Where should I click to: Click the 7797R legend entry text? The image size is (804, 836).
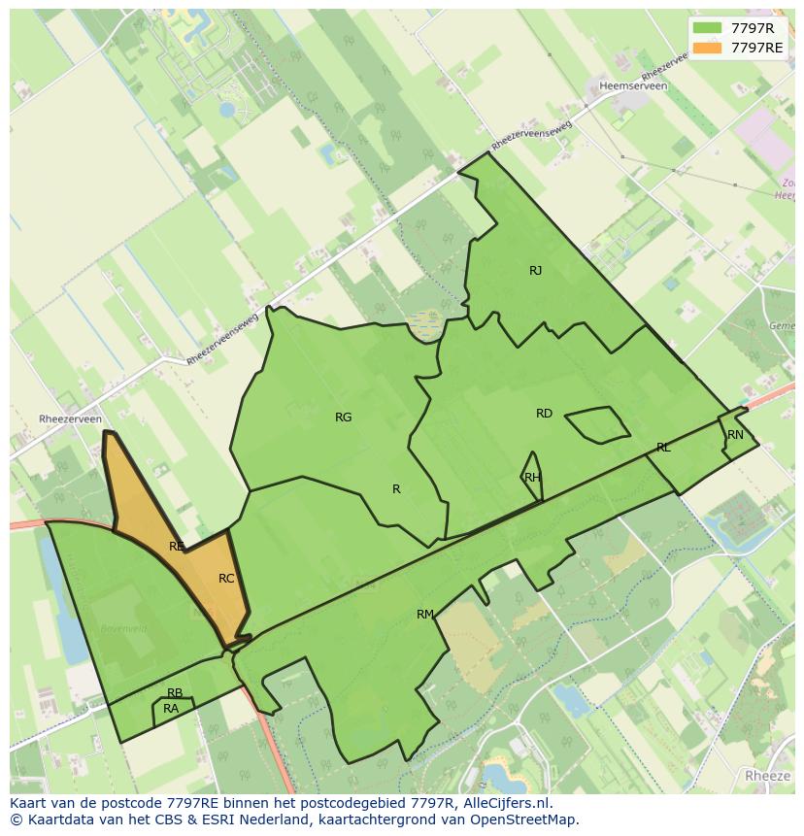pos(753,27)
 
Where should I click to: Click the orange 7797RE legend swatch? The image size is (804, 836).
pos(708,48)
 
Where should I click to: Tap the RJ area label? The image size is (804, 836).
pos(536,271)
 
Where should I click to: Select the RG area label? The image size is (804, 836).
pos(343,418)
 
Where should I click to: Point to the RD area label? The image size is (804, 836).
pos(544,414)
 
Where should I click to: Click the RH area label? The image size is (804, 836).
pos(532,478)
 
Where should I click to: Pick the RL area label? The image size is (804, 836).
pos(663,448)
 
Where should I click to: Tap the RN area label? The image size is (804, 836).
pos(735,435)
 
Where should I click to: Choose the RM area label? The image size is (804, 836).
pos(424,615)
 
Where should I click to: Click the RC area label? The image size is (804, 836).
pos(226,579)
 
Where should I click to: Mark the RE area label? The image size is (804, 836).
pos(176,547)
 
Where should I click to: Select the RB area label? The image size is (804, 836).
pos(175,693)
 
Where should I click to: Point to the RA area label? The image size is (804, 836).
pos(171,709)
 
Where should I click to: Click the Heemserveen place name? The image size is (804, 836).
pos(633,86)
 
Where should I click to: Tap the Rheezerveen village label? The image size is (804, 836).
pos(70,419)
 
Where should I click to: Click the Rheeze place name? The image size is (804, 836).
pos(768,776)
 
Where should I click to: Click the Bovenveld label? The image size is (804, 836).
pos(123,629)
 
